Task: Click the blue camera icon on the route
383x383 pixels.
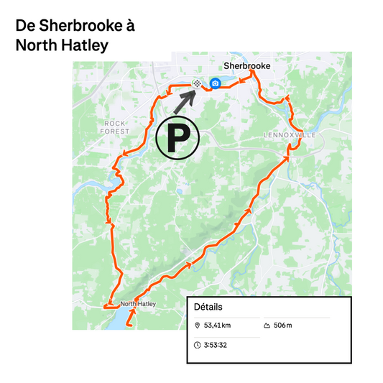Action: click(x=215, y=84)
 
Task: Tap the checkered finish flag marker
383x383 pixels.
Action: click(x=196, y=84)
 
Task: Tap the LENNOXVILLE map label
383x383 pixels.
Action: click(x=290, y=135)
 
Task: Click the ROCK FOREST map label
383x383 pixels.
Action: click(x=115, y=127)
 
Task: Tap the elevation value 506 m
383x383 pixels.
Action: click(x=284, y=326)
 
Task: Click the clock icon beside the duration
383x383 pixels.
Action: click(x=198, y=345)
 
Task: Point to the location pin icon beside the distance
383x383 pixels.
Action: click(x=198, y=326)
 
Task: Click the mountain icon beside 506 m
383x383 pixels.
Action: click(x=267, y=326)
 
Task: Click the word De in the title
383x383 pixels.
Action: click(x=24, y=26)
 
